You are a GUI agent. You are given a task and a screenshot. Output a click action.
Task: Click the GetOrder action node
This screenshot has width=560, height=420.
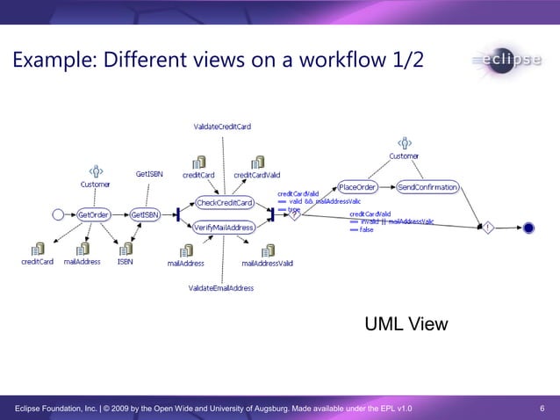(93, 214)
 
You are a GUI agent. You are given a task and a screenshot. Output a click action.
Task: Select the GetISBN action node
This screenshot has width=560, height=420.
(145, 214)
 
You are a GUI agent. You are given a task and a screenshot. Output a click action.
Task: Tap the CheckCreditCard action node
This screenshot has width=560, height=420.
(224, 203)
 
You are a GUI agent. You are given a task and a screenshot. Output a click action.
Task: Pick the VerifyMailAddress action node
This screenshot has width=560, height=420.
(224, 228)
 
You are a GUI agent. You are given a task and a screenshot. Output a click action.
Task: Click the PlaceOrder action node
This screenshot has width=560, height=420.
(357, 187)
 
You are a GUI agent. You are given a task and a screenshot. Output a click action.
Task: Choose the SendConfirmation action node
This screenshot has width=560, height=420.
(427, 187)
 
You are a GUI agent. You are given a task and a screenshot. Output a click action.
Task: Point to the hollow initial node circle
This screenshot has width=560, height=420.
(59, 214)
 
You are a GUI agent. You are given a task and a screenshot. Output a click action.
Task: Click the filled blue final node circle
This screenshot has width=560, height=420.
(528, 228)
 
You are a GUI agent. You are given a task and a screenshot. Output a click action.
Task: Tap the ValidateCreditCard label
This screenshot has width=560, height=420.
(222, 127)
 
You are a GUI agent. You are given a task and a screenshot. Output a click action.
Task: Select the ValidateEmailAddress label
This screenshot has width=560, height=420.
(221, 288)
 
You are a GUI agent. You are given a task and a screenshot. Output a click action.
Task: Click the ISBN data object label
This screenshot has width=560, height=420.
(126, 262)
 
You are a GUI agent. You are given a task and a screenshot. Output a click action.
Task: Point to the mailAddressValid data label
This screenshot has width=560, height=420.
(267, 263)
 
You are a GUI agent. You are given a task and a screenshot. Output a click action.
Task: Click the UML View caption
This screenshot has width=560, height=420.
(406, 325)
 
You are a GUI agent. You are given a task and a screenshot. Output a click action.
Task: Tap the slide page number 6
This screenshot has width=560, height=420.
(542, 409)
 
